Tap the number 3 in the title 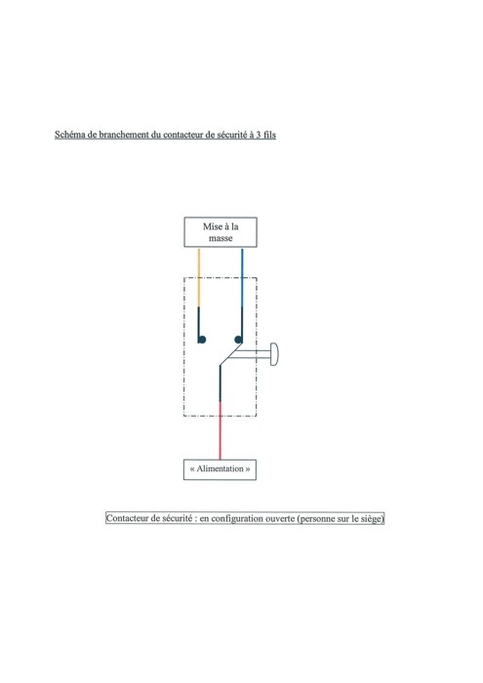pyautogui.click(x=259, y=135)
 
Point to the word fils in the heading pyautogui.click(x=269, y=135)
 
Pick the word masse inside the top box pyautogui.click(x=221, y=238)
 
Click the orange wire pyautogui.click(x=199, y=277)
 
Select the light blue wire pyautogui.click(x=242, y=277)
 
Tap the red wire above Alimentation pyautogui.click(x=220, y=430)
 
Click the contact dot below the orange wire pyautogui.click(x=202, y=340)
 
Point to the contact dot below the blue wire pyautogui.click(x=238, y=340)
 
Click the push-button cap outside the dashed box pyautogui.click(x=274, y=354)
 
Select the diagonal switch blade pyautogui.click(x=231, y=354)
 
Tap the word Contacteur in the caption pyautogui.click(x=127, y=518)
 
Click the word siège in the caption pyautogui.click(x=371, y=519)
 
